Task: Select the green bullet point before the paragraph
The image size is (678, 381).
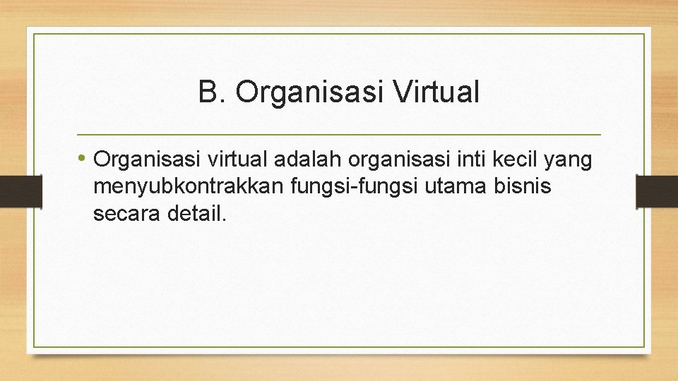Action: click(83, 158)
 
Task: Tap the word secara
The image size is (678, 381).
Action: click(126, 214)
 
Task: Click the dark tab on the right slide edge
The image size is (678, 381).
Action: click(657, 190)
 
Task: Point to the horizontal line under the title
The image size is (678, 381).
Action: click(338, 134)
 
